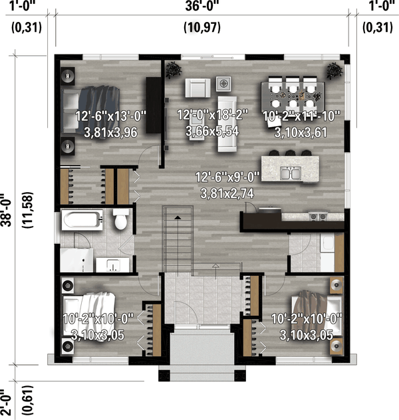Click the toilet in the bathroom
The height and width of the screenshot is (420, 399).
tap(121, 220)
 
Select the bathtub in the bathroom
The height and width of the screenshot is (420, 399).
tap(81, 220)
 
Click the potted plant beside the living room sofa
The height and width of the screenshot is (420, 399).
tap(174, 68)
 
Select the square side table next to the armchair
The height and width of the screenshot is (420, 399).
tap(224, 84)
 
